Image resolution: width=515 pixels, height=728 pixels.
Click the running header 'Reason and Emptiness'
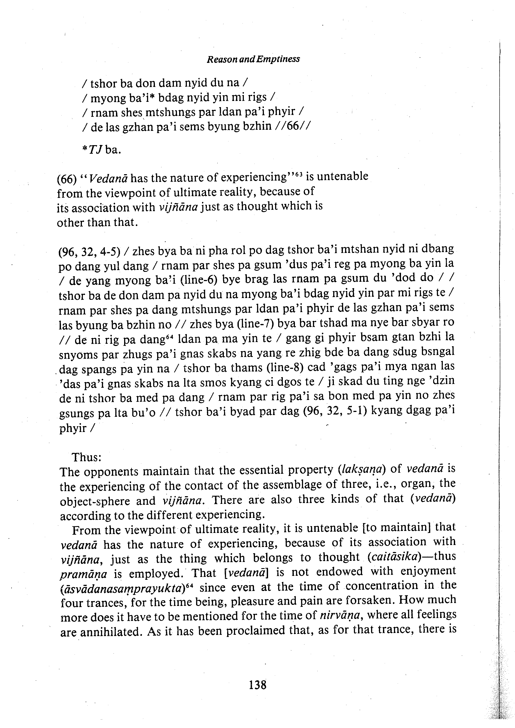click(253, 59)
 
